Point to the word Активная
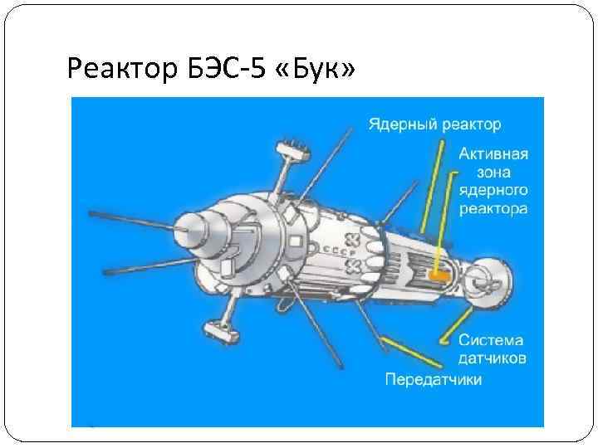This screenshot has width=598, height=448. coord(493,155)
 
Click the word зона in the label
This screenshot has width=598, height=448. coord(493,173)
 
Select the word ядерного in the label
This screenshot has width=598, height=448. coord(493,192)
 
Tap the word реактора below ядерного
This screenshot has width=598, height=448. coord(493,210)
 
